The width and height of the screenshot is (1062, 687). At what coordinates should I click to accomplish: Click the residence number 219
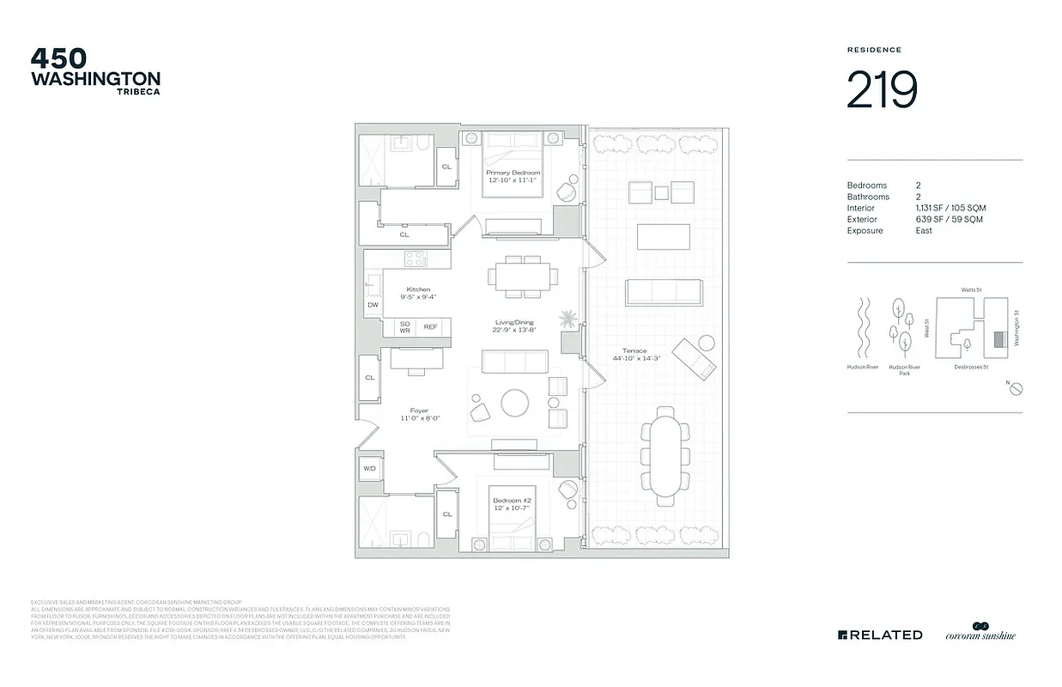(882, 90)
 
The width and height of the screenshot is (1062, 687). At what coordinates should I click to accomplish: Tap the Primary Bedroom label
(513, 176)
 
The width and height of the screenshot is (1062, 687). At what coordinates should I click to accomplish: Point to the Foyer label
(420, 414)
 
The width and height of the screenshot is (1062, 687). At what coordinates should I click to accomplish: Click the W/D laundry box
(370, 469)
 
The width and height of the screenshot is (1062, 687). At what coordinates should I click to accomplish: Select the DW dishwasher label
(373, 305)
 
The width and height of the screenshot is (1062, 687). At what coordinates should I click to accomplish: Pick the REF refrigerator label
(430, 327)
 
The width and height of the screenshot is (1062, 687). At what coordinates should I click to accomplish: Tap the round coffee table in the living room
(517, 403)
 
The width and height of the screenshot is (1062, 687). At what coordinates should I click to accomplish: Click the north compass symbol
(1015, 389)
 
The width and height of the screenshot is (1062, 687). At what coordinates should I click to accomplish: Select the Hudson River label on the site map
(861, 367)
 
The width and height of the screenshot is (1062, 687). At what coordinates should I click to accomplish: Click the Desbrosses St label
(971, 367)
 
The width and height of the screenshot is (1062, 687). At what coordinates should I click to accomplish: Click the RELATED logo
(880, 635)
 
